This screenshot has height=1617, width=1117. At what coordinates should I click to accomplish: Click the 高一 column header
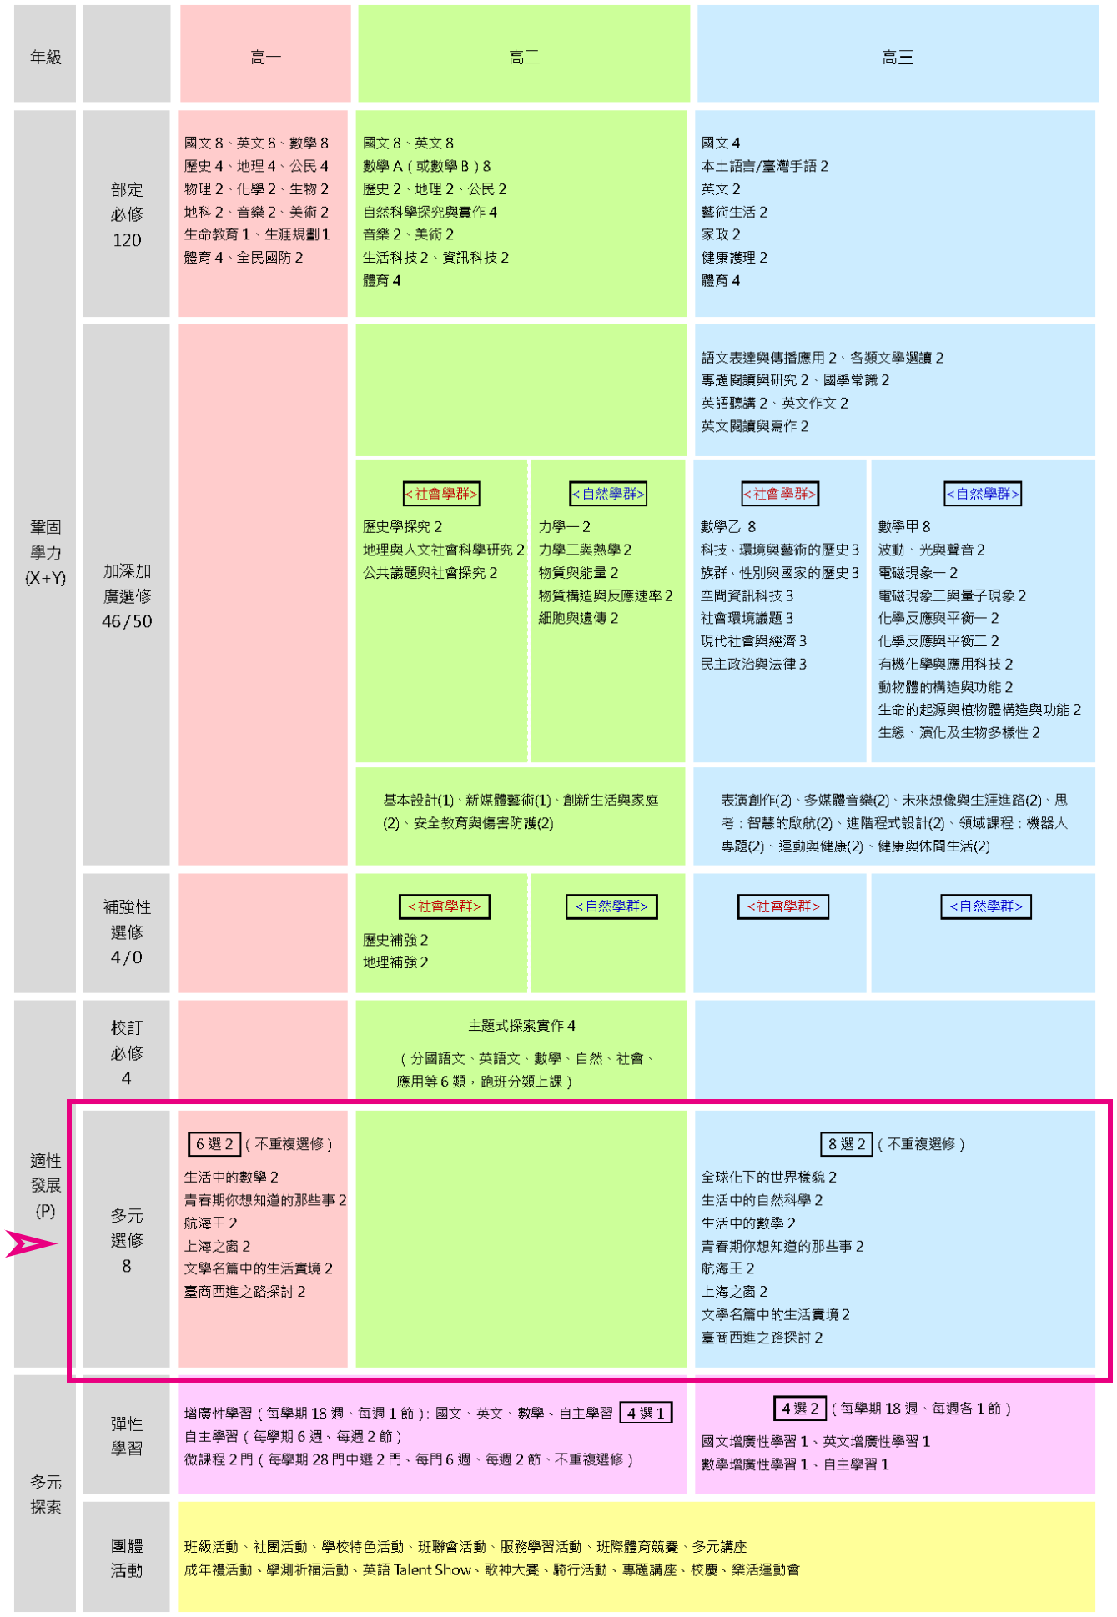coord(265,57)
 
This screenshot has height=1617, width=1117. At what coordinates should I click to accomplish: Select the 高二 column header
coord(524,57)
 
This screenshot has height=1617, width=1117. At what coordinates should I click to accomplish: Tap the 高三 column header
coord(898,57)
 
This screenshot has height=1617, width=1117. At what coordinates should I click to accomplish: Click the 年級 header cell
coord(46,57)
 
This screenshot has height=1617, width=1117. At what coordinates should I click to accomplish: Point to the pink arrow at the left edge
coord(32,1243)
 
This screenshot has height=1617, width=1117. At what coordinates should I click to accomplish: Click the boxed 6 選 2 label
coord(214,1144)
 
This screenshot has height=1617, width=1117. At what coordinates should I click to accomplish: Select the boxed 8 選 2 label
coord(847,1144)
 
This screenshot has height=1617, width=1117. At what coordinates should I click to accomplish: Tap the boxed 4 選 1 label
coord(646,1413)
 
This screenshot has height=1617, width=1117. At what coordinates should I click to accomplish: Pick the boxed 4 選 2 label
coord(800,1408)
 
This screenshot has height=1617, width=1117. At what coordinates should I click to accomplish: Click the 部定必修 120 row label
coord(127,214)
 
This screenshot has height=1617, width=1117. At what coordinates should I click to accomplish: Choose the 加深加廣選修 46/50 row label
coord(127,595)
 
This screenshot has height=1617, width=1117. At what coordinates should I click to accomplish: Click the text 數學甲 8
coord(904,526)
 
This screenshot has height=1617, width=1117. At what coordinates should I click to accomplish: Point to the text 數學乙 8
coord(728,526)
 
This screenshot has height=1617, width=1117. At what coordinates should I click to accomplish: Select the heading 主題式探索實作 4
coord(521,1025)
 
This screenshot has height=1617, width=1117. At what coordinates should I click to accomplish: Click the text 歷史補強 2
coord(395,940)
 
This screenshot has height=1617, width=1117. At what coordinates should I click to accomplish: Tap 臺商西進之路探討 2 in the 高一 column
coord(244,1291)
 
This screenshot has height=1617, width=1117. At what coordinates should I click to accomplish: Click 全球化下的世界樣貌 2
coord(768,1177)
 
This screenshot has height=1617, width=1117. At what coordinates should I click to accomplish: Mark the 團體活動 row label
coord(127,1558)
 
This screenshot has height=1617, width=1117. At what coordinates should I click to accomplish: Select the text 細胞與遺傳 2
coord(578,618)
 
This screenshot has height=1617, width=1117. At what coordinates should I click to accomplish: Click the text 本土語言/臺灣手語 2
coord(764,166)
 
